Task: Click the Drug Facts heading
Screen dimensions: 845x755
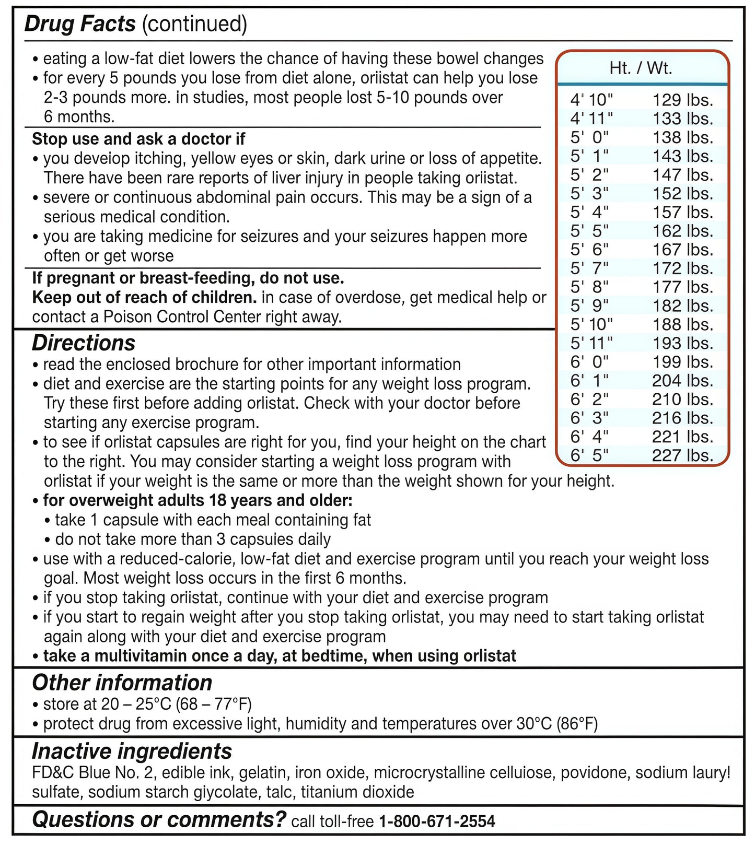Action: [80, 24]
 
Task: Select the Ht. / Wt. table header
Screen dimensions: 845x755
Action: [641, 68]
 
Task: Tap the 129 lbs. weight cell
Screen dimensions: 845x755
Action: [682, 100]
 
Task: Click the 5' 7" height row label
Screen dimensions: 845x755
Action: [589, 268]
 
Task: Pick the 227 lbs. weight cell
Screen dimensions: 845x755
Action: [682, 455]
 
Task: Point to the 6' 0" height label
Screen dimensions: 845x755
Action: [589, 362]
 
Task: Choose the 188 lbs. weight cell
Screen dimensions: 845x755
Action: [682, 324]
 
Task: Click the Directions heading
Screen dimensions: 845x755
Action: [84, 343]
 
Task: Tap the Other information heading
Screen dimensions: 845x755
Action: [122, 683]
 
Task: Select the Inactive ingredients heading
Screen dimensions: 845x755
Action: [132, 752]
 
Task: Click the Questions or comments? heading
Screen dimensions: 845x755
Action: [159, 819]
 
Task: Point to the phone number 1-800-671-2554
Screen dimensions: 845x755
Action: [437, 821]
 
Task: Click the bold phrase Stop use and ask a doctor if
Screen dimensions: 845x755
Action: [138, 139]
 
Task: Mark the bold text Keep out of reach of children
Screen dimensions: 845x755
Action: [144, 298]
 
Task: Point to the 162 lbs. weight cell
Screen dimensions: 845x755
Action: [682, 231]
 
